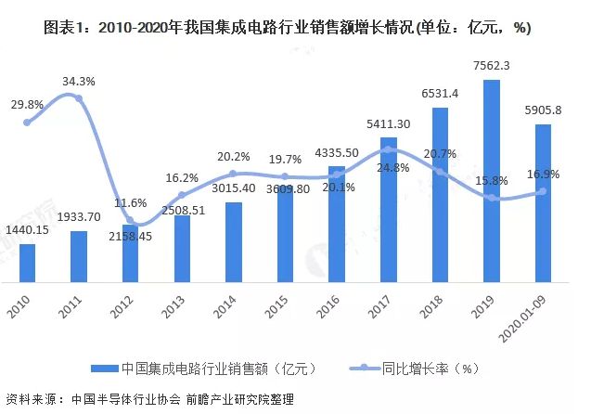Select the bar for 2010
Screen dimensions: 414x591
(28, 265)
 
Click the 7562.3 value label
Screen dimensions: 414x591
(492, 67)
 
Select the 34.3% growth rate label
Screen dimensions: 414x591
(81, 82)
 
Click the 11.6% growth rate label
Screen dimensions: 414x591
(131, 202)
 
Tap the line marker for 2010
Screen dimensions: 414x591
(28, 122)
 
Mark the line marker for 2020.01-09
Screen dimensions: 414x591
(544, 191)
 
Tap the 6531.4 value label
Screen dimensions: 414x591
(441, 95)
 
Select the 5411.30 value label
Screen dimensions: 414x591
(390, 123)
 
